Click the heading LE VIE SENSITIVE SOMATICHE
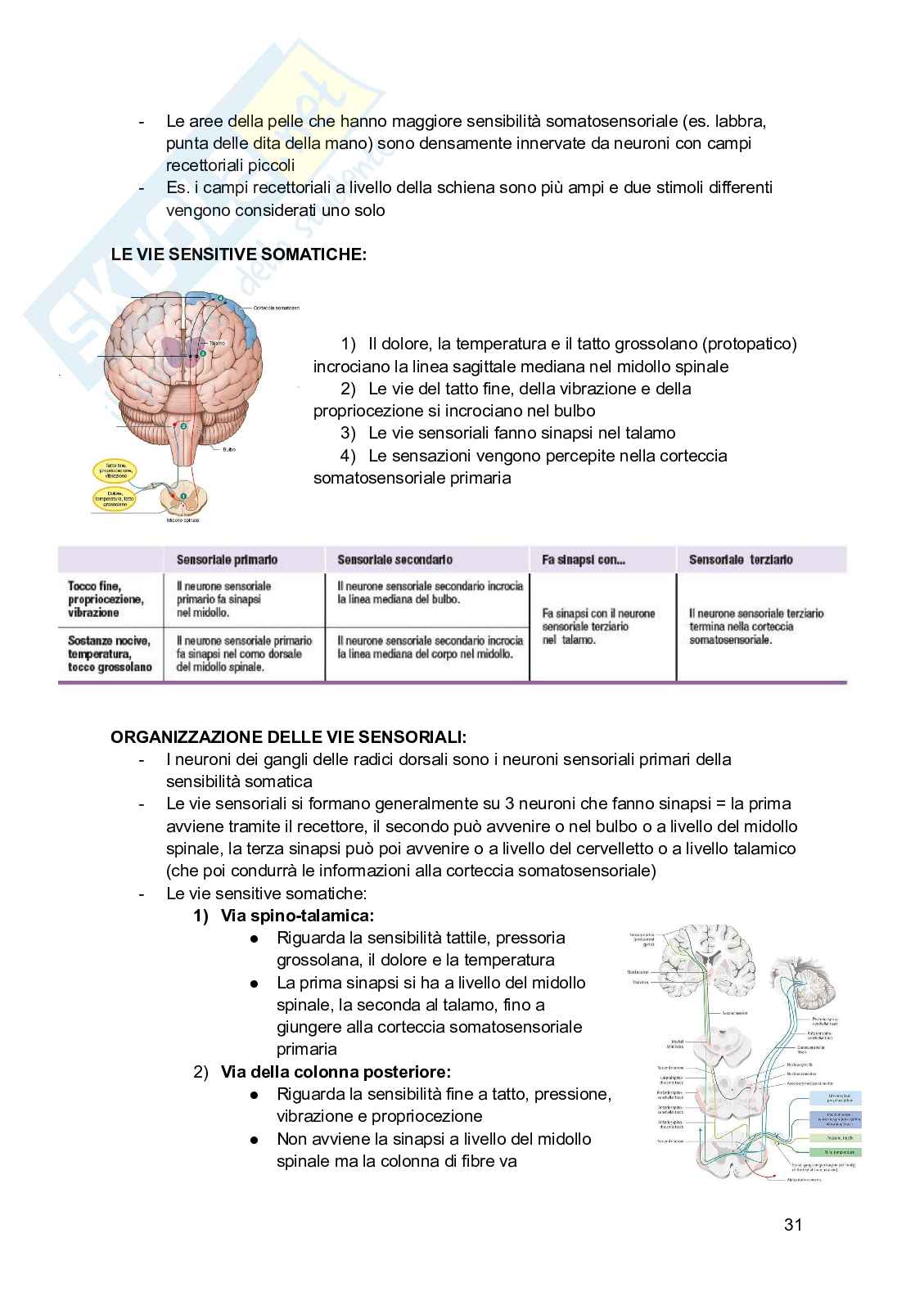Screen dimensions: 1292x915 coord(239,254)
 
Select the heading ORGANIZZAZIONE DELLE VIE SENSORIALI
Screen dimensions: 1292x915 coord(289,736)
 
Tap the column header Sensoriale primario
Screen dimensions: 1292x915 coord(227,560)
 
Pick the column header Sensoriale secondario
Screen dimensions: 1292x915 coord(394,560)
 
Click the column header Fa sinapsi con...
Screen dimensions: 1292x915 coord(584,560)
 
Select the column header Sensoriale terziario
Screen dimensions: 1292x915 coord(741,560)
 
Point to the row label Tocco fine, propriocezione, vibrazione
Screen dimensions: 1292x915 coord(106,599)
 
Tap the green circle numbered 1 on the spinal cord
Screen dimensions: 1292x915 coord(183,495)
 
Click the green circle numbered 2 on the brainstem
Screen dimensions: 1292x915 coord(183,426)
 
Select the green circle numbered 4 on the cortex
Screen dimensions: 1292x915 coord(220,299)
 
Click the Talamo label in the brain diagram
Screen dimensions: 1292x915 coord(216,344)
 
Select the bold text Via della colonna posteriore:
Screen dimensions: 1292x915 coord(336,1071)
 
